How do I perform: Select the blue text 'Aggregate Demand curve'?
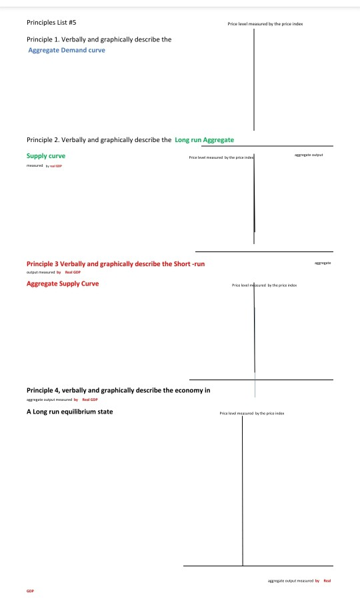tap(67, 50)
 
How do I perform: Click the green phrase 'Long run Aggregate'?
tap(204, 140)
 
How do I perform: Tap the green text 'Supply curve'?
tap(45, 156)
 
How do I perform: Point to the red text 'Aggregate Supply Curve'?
tap(63, 283)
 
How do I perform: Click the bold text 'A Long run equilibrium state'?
tap(69, 411)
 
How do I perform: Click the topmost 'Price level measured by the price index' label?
tap(265, 23)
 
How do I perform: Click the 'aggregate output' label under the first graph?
tap(309, 154)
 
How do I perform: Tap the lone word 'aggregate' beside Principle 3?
tap(321, 264)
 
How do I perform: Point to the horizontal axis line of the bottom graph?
tap(258, 566)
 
